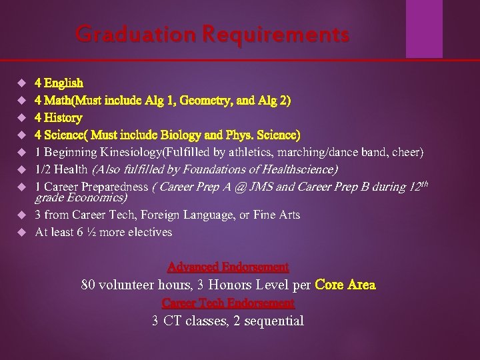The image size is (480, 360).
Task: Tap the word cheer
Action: [407, 153]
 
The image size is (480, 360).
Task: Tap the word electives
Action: [148, 233]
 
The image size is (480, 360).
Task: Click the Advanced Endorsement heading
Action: [228, 267]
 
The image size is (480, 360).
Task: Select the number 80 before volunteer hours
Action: [88, 285]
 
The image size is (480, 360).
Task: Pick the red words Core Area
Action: [345, 285]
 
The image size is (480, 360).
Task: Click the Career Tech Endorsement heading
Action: [228, 303]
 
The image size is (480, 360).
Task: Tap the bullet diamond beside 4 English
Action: [20, 83]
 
